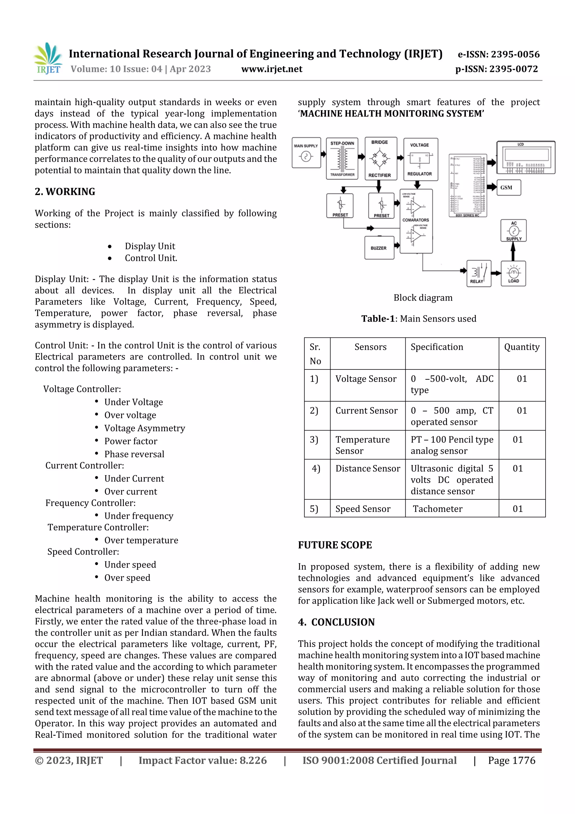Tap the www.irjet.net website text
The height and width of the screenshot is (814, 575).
(272, 69)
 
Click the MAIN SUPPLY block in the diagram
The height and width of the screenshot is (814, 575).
(306, 153)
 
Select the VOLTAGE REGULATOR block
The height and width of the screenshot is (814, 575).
(421, 159)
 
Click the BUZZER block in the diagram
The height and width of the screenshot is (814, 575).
(379, 248)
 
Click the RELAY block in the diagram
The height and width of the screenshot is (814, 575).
(479, 273)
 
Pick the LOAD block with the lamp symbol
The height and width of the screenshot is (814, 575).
(513, 274)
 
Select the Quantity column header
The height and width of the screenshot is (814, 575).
(521, 347)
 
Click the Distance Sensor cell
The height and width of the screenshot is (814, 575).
(368, 469)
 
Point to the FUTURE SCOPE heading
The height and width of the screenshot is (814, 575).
(335, 545)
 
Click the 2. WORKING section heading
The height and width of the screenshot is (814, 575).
(65, 192)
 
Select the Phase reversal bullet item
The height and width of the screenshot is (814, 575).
(134, 454)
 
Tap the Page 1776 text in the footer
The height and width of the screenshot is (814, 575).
(511, 760)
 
